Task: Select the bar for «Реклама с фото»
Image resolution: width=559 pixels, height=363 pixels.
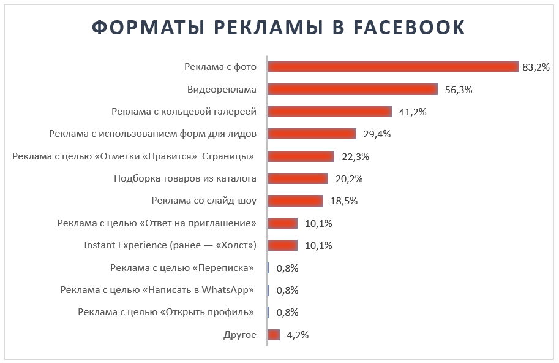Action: [x=393, y=67]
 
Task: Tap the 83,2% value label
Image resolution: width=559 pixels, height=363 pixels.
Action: [x=536, y=67]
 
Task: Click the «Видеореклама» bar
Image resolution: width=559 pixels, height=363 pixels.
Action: [x=353, y=90]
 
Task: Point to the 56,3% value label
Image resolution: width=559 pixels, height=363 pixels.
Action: [x=459, y=90]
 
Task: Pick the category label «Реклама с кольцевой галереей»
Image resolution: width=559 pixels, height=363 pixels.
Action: [x=184, y=112]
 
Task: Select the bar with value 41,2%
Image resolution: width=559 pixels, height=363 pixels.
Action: [x=329, y=112]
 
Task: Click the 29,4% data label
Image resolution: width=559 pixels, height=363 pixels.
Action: [x=377, y=134]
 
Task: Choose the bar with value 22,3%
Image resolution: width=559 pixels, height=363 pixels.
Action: [x=301, y=156]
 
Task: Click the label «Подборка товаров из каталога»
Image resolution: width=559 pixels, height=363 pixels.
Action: [x=185, y=178]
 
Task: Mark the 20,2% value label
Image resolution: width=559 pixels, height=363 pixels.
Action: [x=350, y=178]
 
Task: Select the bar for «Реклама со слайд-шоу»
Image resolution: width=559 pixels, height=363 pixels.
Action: [x=295, y=201]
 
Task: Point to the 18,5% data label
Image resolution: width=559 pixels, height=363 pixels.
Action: [x=344, y=201]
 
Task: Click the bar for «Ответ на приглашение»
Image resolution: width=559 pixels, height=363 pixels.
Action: [x=282, y=223]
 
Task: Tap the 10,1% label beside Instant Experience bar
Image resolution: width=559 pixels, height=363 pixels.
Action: [x=318, y=245]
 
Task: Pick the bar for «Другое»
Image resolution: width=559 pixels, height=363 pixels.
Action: [x=274, y=335]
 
